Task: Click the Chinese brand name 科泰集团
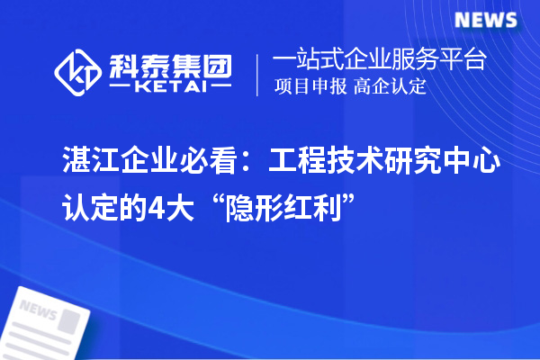coord(167,64)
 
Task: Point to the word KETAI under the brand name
coord(167,87)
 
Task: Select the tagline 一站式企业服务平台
coord(379,60)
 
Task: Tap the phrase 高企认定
coord(389,88)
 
